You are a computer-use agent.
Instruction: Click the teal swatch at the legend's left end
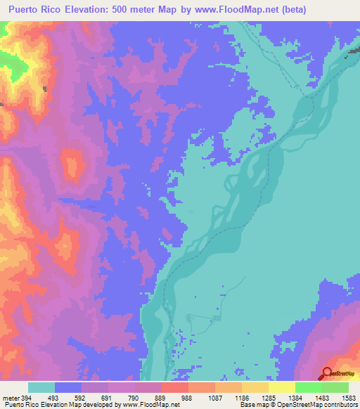[x=41, y=387]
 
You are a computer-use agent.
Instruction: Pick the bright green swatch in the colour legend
[x=308, y=387]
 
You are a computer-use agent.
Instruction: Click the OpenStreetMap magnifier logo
[x=328, y=373]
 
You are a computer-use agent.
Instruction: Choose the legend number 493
[x=54, y=398]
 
